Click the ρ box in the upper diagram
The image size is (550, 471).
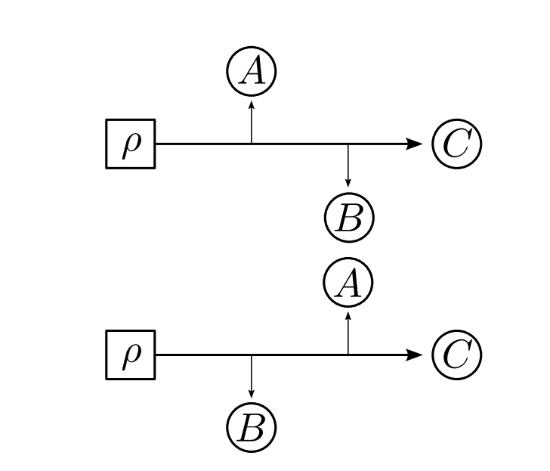click(x=130, y=144)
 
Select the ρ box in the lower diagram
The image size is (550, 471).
click(x=130, y=355)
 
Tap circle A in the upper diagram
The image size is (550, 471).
click(x=252, y=72)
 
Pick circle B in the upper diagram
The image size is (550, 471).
click(x=348, y=218)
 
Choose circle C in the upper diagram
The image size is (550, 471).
click(x=456, y=144)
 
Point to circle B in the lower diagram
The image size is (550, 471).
click(x=252, y=428)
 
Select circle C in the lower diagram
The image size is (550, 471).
click(x=456, y=355)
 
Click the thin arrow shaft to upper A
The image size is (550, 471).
click(x=252, y=124)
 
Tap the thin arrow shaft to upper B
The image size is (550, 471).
click(x=348, y=163)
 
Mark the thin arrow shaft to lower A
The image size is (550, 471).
click(x=348, y=335)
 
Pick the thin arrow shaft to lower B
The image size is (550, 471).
click(x=252, y=373)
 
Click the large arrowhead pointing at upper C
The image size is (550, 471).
click(x=413, y=144)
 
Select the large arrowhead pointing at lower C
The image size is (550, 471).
click(x=413, y=355)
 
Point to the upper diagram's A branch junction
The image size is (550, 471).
click(x=252, y=144)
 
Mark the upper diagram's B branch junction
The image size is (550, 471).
click(x=348, y=144)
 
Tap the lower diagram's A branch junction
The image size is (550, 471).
click(x=348, y=355)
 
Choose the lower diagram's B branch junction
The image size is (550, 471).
click(x=252, y=355)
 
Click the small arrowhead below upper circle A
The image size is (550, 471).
click(x=252, y=104)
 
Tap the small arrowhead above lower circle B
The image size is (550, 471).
click(x=252, y=395)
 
